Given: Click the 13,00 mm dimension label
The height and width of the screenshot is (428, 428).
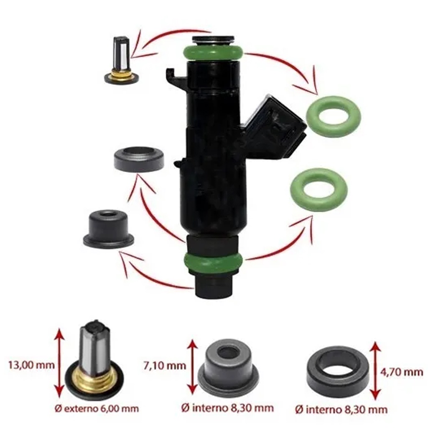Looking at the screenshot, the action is (x=31, y=365).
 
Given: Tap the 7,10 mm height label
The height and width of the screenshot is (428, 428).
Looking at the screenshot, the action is (x=165, y=365).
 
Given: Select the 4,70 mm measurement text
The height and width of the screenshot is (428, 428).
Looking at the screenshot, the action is (x=402, y=372).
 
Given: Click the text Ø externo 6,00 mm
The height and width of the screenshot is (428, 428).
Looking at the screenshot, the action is (x=97, y=409).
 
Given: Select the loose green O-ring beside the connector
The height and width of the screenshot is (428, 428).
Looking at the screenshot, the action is (x=334, y=116).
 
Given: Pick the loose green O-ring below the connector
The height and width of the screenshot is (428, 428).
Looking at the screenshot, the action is (x=318, y=189).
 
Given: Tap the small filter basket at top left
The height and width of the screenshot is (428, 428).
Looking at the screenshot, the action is (x=122, y=60).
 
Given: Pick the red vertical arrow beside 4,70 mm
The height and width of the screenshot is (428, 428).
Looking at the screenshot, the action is (x=376, y=370).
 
